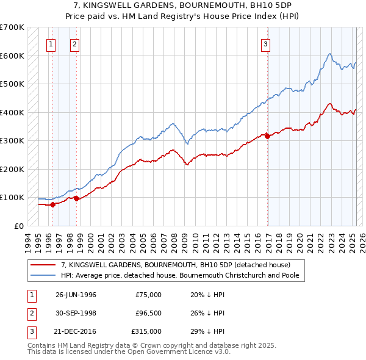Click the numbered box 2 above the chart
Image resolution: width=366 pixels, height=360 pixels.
coord(74,43)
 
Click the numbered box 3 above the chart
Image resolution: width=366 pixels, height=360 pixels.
coord(266,43)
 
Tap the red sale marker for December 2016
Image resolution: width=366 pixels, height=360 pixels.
coord(267,136)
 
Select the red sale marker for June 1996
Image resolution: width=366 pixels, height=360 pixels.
coord(52,204)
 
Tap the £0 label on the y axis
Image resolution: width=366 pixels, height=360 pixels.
coord(18,226)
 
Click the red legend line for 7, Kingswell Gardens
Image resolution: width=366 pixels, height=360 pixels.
coord(43,265)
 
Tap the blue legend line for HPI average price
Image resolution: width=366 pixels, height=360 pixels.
coord(43,275)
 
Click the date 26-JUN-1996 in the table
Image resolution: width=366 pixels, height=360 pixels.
coord(76,295)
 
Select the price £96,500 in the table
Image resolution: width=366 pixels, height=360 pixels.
coord(148,313)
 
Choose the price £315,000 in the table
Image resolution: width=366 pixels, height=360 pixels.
coord(146,331)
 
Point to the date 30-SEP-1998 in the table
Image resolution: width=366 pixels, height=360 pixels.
coord(76,313)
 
